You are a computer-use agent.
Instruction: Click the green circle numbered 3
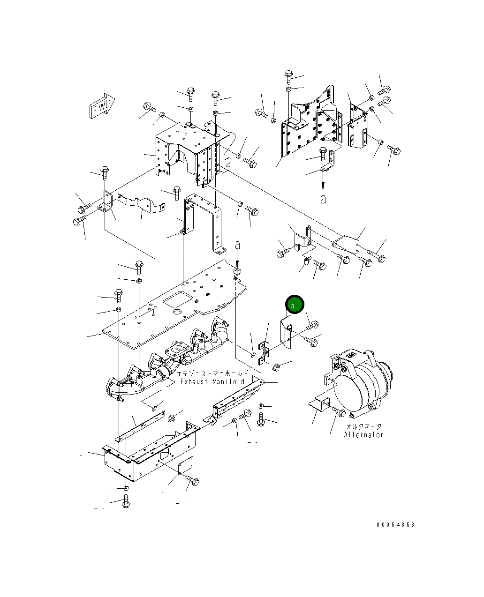295,306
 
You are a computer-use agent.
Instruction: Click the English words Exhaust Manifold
213,382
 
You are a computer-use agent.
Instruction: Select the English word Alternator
363,435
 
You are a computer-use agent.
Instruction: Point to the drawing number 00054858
395,525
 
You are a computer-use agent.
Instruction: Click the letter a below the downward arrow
323,199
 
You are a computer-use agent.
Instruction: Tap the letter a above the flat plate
238,245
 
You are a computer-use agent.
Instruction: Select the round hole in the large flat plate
177,313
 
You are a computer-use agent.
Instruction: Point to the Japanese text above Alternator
363,426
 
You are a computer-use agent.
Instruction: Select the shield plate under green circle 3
286,332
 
